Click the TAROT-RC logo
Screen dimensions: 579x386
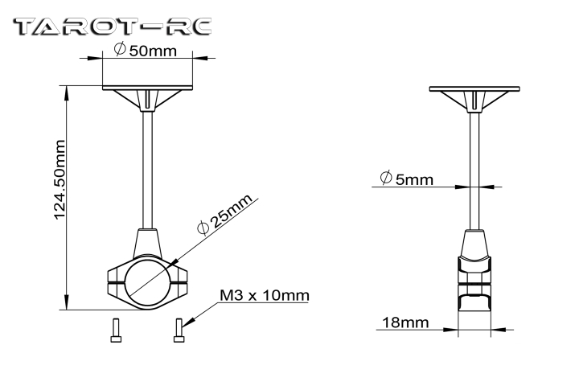(x=113, y=27)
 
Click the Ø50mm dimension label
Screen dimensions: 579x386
(x=146, y=50)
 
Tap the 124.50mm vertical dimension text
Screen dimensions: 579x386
(x=60, y=180)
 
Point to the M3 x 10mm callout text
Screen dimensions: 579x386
(x=265, y=295)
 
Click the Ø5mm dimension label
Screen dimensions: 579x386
(x=407, y=179)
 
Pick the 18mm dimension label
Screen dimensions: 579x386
(x=405, y=322)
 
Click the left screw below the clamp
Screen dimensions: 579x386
(x=116, y=331)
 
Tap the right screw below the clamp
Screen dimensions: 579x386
(x=179, y=331)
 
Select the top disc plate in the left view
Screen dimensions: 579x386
(x=147, y=88)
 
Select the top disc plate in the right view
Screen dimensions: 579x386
(x=474, y=89)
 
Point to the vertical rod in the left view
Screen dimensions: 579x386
(x=147, y=170)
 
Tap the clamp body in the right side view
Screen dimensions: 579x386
(x=474, y=284)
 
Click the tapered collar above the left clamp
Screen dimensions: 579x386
(x=147, y=243)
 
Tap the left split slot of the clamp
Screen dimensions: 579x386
(x=116, y=283)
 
